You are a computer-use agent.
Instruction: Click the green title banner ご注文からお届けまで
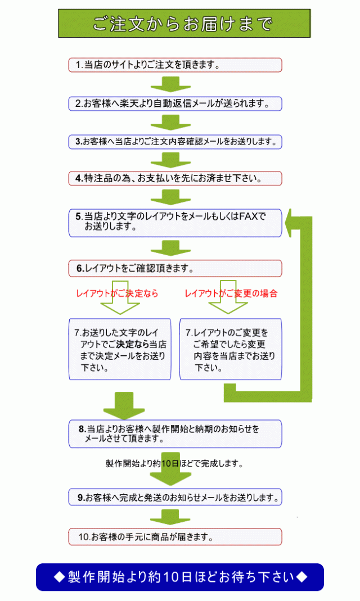(184, 24)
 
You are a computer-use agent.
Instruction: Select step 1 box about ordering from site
(175, 65)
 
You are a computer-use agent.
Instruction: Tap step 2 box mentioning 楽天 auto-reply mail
(175, 103)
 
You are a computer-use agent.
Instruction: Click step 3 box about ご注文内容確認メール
(175, 141)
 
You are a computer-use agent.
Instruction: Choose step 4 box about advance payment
(175, 178)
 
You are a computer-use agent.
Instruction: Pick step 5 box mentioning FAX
(175, 222)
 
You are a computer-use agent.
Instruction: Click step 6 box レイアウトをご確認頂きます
(175, 268)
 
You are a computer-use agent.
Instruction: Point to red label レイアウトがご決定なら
(117, 293)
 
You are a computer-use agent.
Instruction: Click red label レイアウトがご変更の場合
(231, 293)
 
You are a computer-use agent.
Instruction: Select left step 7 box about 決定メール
(119, 349)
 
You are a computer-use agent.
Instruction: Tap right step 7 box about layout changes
(231, 349)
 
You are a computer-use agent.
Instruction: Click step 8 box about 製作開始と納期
(175, 433)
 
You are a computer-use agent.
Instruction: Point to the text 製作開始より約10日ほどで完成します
(174, 464)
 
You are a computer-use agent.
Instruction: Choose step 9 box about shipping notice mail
(175, 498)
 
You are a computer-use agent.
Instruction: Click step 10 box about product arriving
(175, 536)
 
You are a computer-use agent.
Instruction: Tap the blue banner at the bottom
(180, 577)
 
